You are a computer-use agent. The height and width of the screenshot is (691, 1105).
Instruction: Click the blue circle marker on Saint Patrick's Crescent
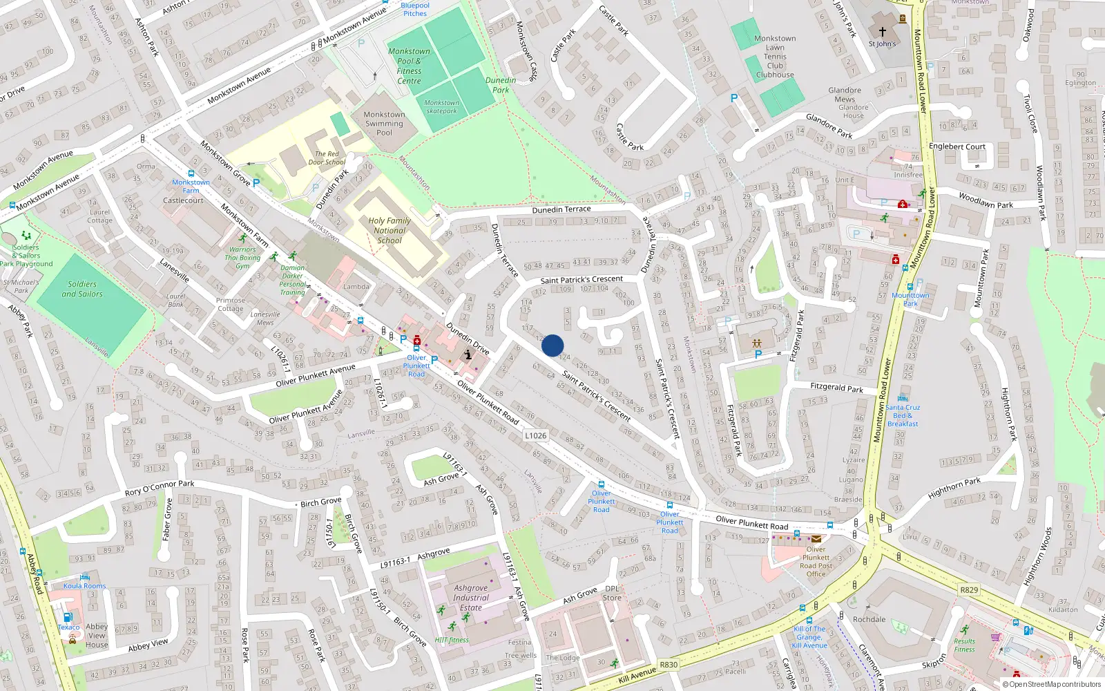pyautogui.click(x=552, y=345)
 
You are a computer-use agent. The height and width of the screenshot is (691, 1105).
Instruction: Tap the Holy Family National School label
pyautogui.click(x=390, y=231)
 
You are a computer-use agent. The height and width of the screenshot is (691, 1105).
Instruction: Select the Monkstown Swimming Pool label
pyautogui.click(x=384, y=124)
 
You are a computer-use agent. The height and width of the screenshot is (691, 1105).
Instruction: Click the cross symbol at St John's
pyautogui.click(x=882, y=31)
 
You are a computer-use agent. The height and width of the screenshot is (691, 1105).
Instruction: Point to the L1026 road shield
pyautogui.click(x=535, y=435)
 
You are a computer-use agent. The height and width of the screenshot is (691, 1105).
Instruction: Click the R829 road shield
pyautogui.click(x=969, y=589)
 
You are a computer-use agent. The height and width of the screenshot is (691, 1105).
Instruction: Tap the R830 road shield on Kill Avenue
pyautogui.click(x=669, y=665)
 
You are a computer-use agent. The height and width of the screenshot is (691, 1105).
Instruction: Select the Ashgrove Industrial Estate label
pyautogui.click(x=471, y=598)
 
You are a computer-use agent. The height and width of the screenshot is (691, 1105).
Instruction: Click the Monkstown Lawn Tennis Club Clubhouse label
pyautogui.click(x=775, y=57)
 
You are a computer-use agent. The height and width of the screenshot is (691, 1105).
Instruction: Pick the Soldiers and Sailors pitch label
pyautogui.click(x=82, y=289)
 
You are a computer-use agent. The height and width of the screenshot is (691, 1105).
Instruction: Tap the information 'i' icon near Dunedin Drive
pyautogui.click(x=468, y=354)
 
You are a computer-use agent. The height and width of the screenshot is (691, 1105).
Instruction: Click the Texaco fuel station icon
pyautogui.click(x=68, y=617)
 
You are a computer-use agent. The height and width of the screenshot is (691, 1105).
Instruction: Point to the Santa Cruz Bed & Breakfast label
pyautogui.click(x=903, y=415)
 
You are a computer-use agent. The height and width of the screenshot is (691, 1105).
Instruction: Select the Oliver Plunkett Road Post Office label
pyautogui.click(x=816, y=561)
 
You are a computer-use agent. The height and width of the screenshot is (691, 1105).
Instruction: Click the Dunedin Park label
pyautogui.click(x=501, y=85)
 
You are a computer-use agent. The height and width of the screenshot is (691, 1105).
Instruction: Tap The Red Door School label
pyautogui.click(x=327, y=158)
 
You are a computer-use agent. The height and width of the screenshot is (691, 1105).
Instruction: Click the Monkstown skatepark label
pyautogui.click(x=441, y=106)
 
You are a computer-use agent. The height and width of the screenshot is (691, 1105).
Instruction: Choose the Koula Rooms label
pyautogui.click(x=85, y=585)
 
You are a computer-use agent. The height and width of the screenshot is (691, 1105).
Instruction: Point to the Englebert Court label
pyautogui.click(x=957, y=146)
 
